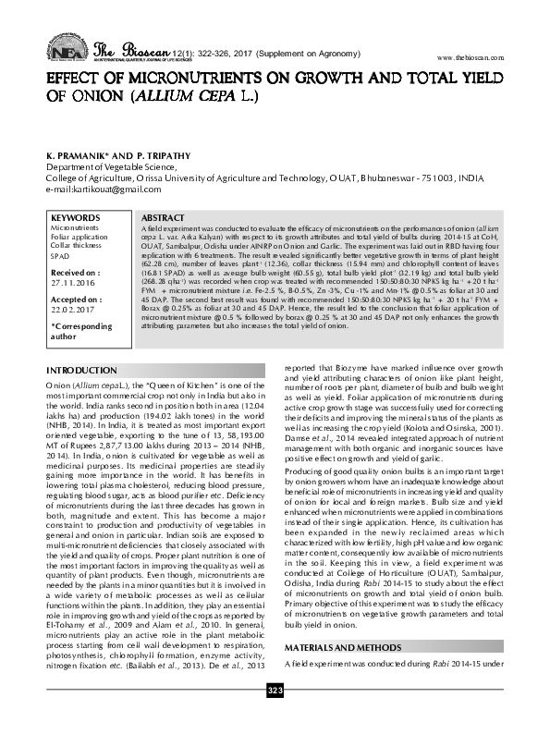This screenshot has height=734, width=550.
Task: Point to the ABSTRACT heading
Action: point(163,216)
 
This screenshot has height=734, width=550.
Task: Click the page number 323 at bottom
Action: point(275,716)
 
